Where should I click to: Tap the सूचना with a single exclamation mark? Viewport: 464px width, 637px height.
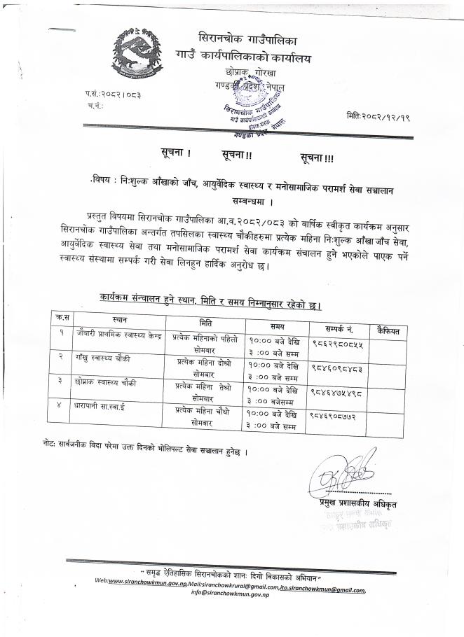tap(171, 152)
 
